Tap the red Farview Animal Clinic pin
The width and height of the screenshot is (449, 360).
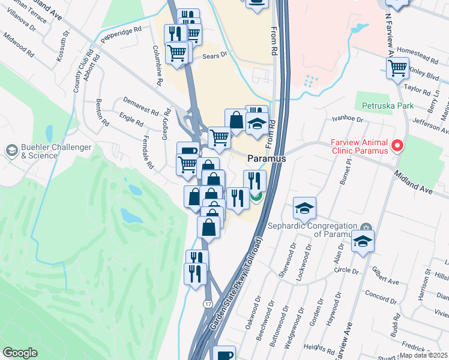(x=397, y=145)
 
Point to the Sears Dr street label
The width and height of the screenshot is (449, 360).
(x=216, y=55)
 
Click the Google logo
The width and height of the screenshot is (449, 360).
(x=20, y=353)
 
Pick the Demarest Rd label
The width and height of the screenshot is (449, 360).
(x=140, y=106)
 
